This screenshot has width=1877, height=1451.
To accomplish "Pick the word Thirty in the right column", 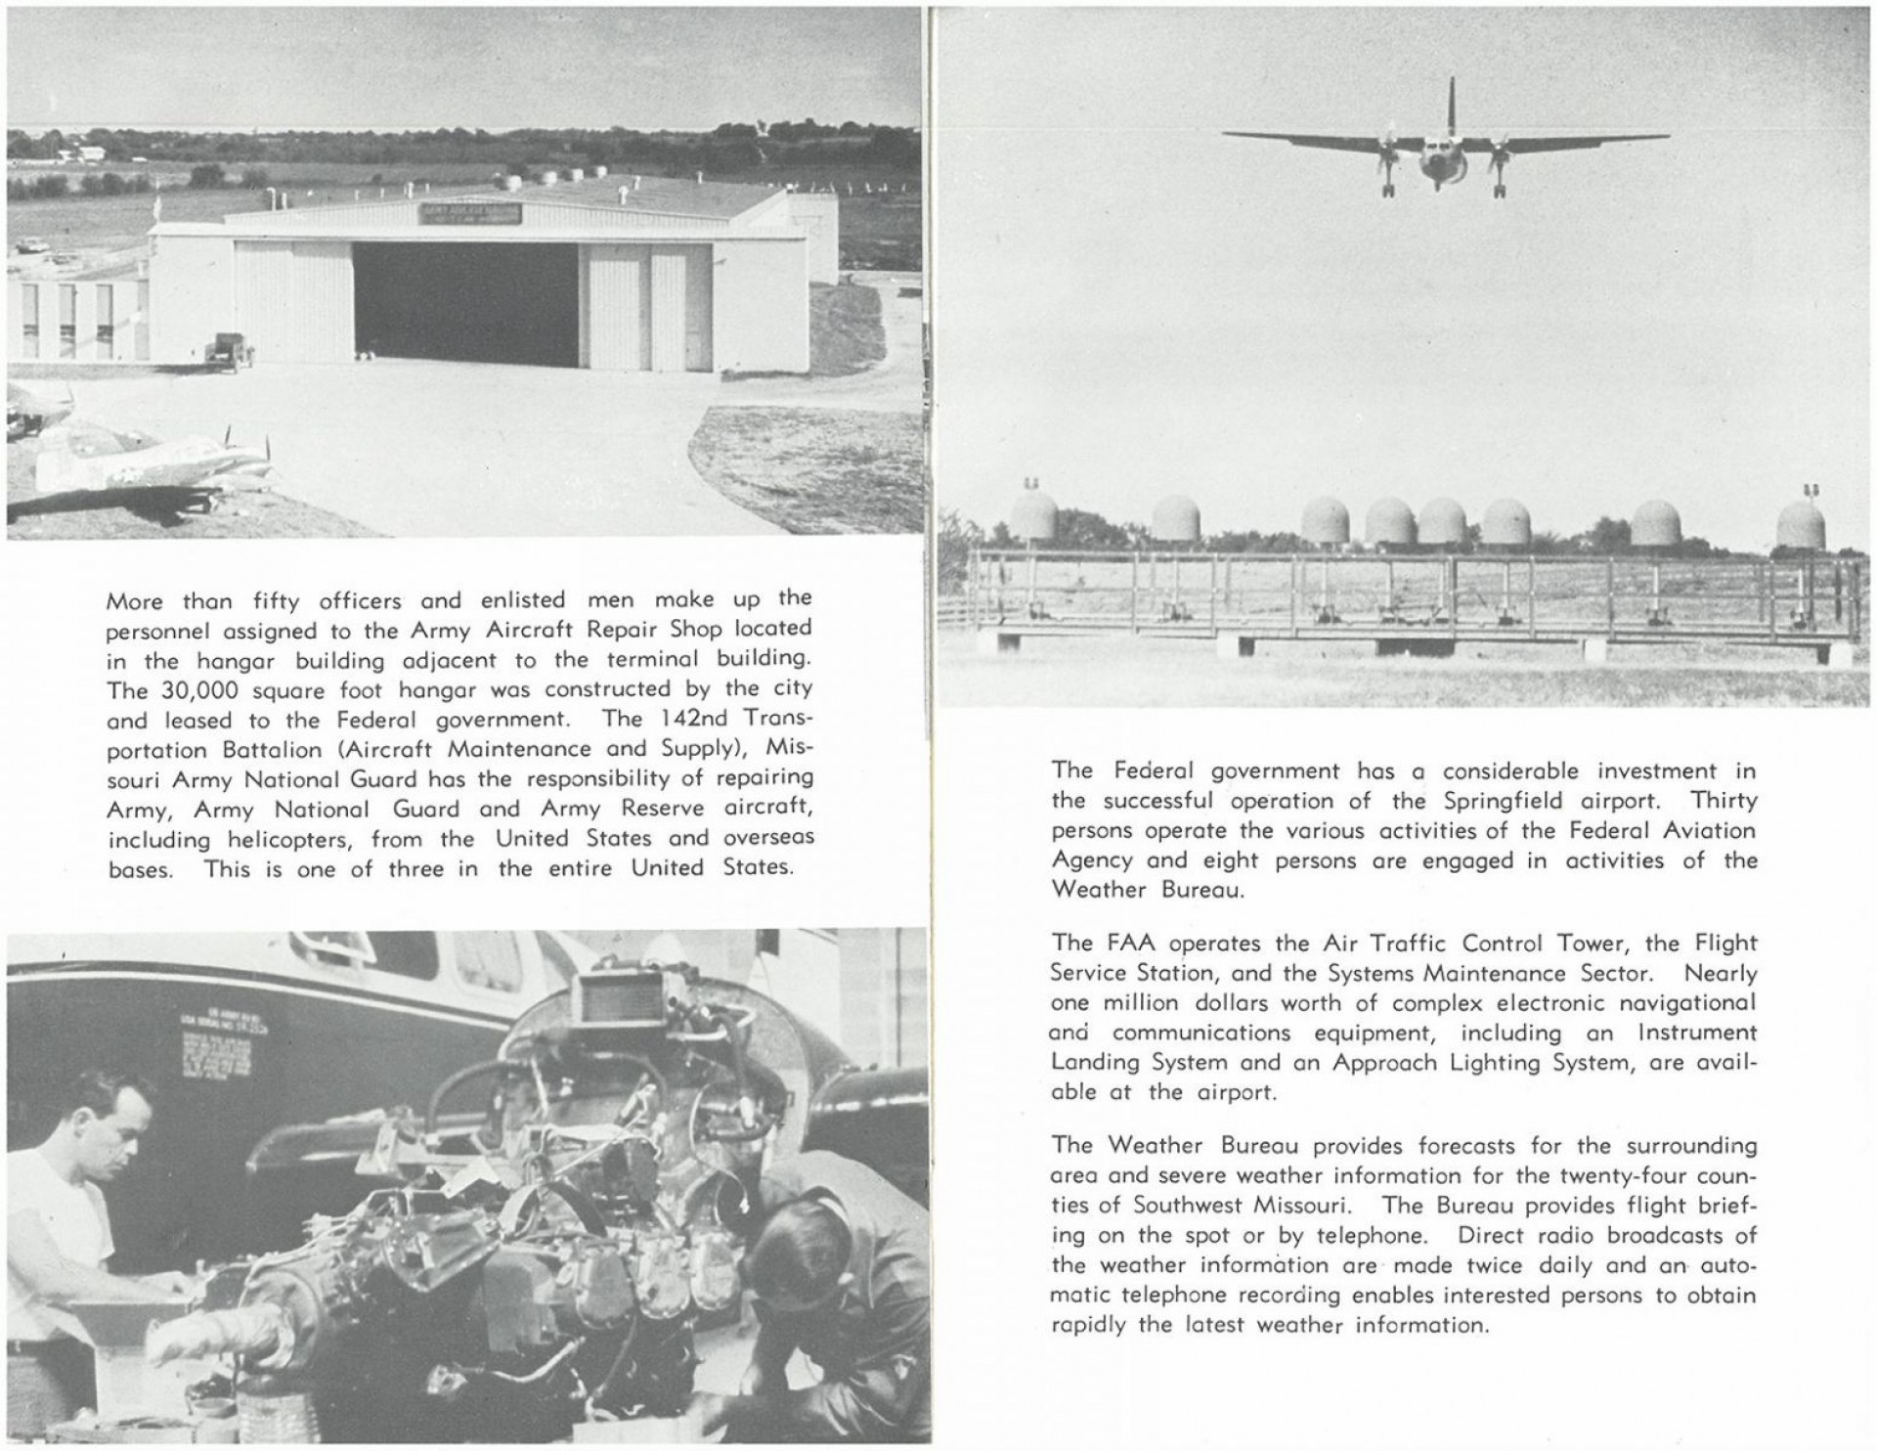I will tap(1724, 801).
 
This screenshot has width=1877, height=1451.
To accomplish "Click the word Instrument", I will tap(1696, 1033).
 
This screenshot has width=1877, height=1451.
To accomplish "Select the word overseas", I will tap(768, 839).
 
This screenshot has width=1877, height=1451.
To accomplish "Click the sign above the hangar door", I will tap(470, 212).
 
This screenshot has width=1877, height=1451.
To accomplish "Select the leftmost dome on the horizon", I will tap(1033, 517).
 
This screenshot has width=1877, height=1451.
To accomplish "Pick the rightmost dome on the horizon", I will tap(1801, 526).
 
